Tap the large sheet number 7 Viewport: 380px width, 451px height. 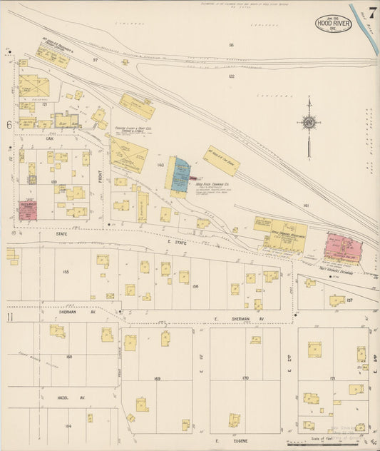[x=372, y=13]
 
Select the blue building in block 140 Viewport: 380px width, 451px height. [x=178, y=173]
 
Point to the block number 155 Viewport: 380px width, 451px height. [x=66, y=272]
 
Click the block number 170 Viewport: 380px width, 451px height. [x=245, y=377]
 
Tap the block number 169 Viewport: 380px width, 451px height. [x=157, y=378]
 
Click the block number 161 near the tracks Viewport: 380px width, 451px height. [x=305, y=205]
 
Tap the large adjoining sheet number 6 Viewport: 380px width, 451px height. [x=9, y=125]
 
